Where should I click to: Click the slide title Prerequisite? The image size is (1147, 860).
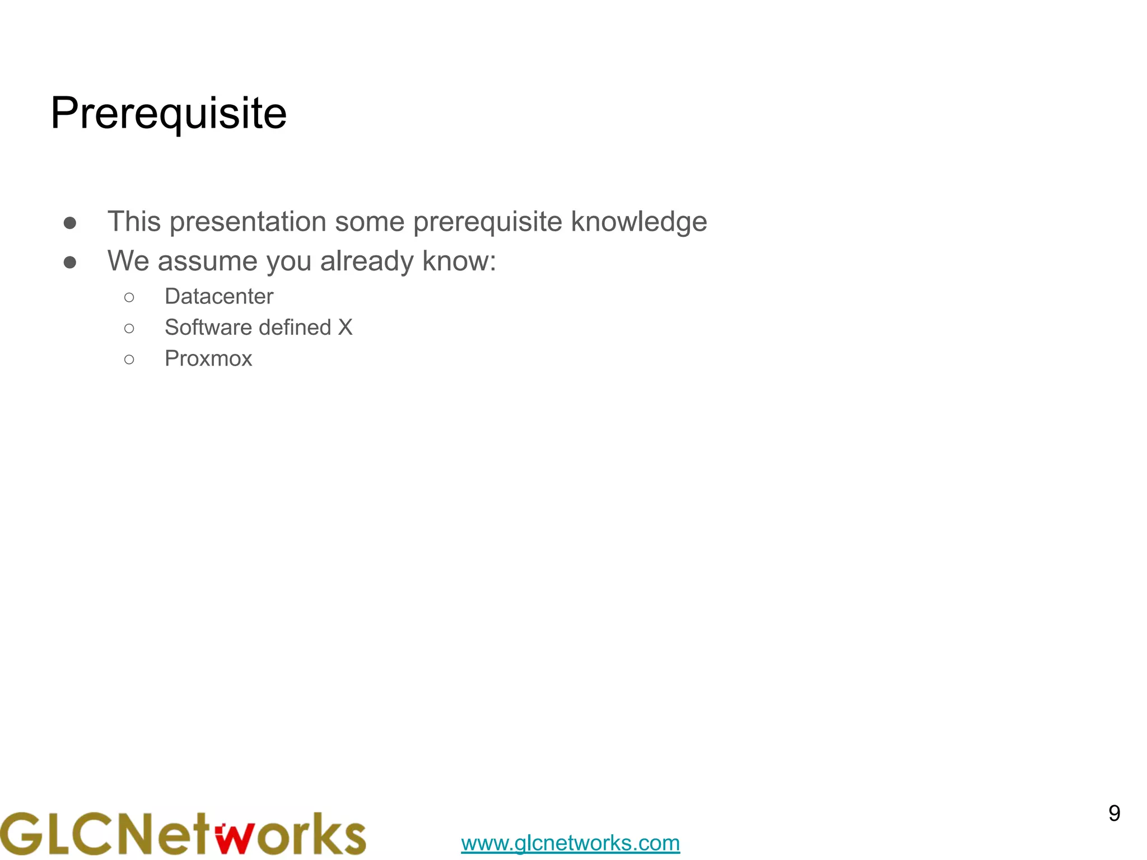pyautogui.click(x=169, y=114)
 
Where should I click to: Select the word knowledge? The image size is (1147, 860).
pyautogui.click(x=638, y=222)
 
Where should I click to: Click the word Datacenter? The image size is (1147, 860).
pyautogui.click(x=218, y=296)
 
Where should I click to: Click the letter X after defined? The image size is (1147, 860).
pyautogui.click(x=345, y=328)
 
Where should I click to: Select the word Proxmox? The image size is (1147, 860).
pyautogui.click(x=208, y=359)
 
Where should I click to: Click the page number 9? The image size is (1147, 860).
pyautogui.click(x=1114, y=814)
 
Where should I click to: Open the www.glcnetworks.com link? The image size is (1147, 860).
pyautogui.click(x=570, y=843)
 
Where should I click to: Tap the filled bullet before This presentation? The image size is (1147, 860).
pyautogui.click(x=70, y=223)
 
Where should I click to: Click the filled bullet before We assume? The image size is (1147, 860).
pyautogui.click(x=70, y=263)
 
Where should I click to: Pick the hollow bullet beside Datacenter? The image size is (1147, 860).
pyautogui.click(x=129, y=297)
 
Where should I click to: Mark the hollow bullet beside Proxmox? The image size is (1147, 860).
pyautogui.click(x=129, y=359)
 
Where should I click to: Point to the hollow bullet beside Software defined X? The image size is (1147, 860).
pyautogui.click(x=129, y=329)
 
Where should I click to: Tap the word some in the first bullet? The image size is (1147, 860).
pyautogui.click(x=369, y=222)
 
